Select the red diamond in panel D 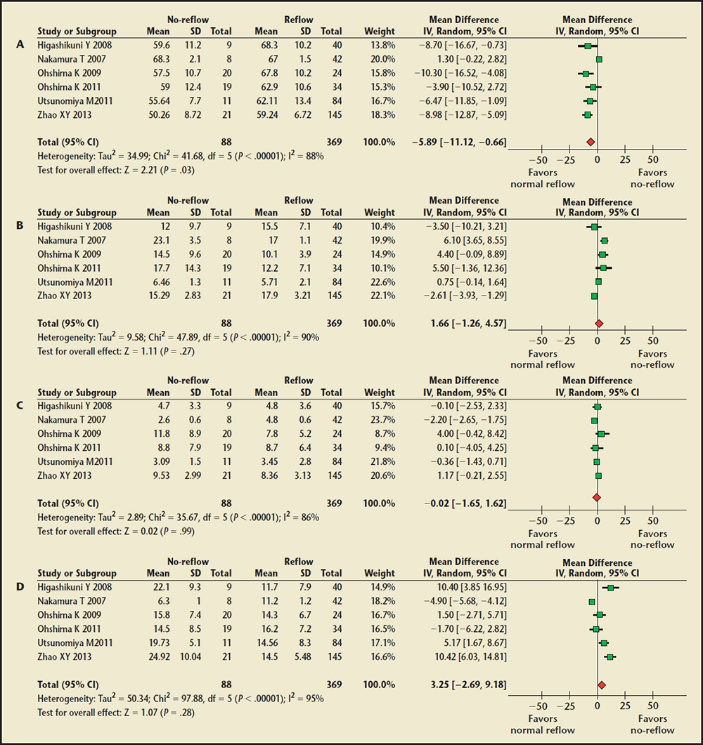tap(601, 684)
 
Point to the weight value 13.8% tap(380, 45)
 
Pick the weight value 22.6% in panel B tap(380, 282)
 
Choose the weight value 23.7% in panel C tap(380, 421)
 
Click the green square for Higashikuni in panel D tap(610, 587)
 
